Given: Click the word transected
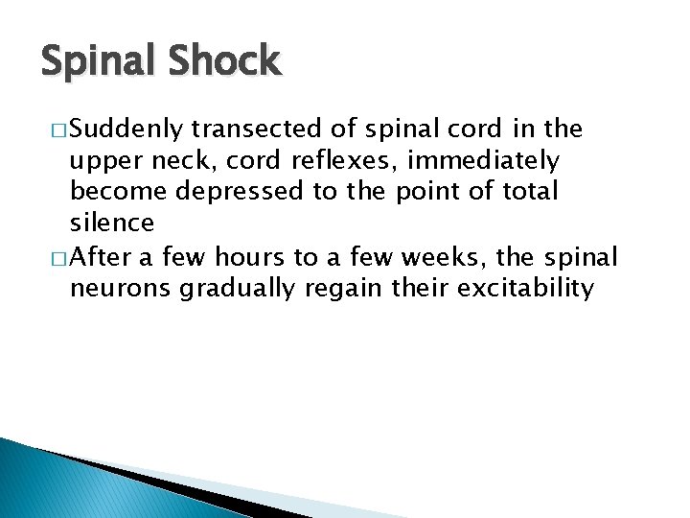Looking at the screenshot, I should point(253,129).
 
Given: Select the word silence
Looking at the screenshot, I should point(112,224).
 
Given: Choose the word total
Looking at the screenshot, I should point(529,192).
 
